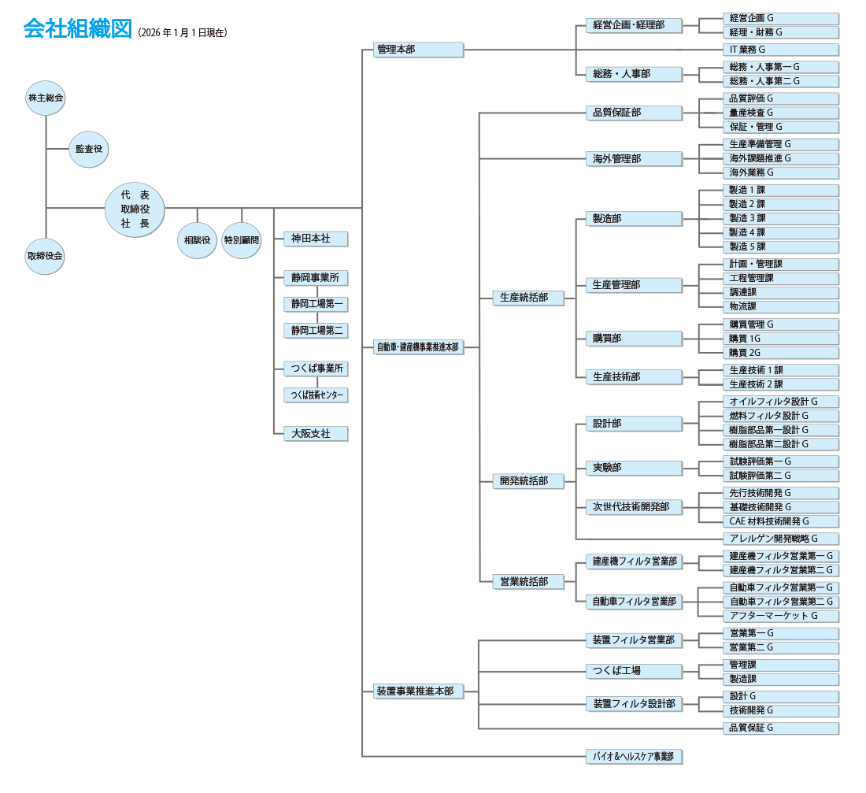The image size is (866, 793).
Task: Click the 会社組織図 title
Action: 76,29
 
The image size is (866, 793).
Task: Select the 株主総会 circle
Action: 46,98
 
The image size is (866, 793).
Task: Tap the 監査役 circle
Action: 89,149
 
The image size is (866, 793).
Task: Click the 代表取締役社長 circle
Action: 135,209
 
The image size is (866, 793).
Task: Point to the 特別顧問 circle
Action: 242,240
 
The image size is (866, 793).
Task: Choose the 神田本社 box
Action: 315,238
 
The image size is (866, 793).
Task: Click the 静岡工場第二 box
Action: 315,331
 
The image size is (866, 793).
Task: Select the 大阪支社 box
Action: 315,433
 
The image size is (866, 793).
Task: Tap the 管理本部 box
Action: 418,49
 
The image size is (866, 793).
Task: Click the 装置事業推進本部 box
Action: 418,691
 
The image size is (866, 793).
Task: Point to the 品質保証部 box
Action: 633,113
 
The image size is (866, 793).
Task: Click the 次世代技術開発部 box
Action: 633,507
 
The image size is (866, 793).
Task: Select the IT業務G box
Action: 780,50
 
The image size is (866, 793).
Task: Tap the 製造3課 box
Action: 780,218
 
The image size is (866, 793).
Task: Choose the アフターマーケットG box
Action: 780,616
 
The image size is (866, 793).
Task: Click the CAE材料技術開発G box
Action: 780,521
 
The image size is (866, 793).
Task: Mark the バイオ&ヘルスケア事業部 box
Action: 633,757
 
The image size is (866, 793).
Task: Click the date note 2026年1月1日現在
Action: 182,33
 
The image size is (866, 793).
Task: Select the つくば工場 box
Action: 633,671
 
